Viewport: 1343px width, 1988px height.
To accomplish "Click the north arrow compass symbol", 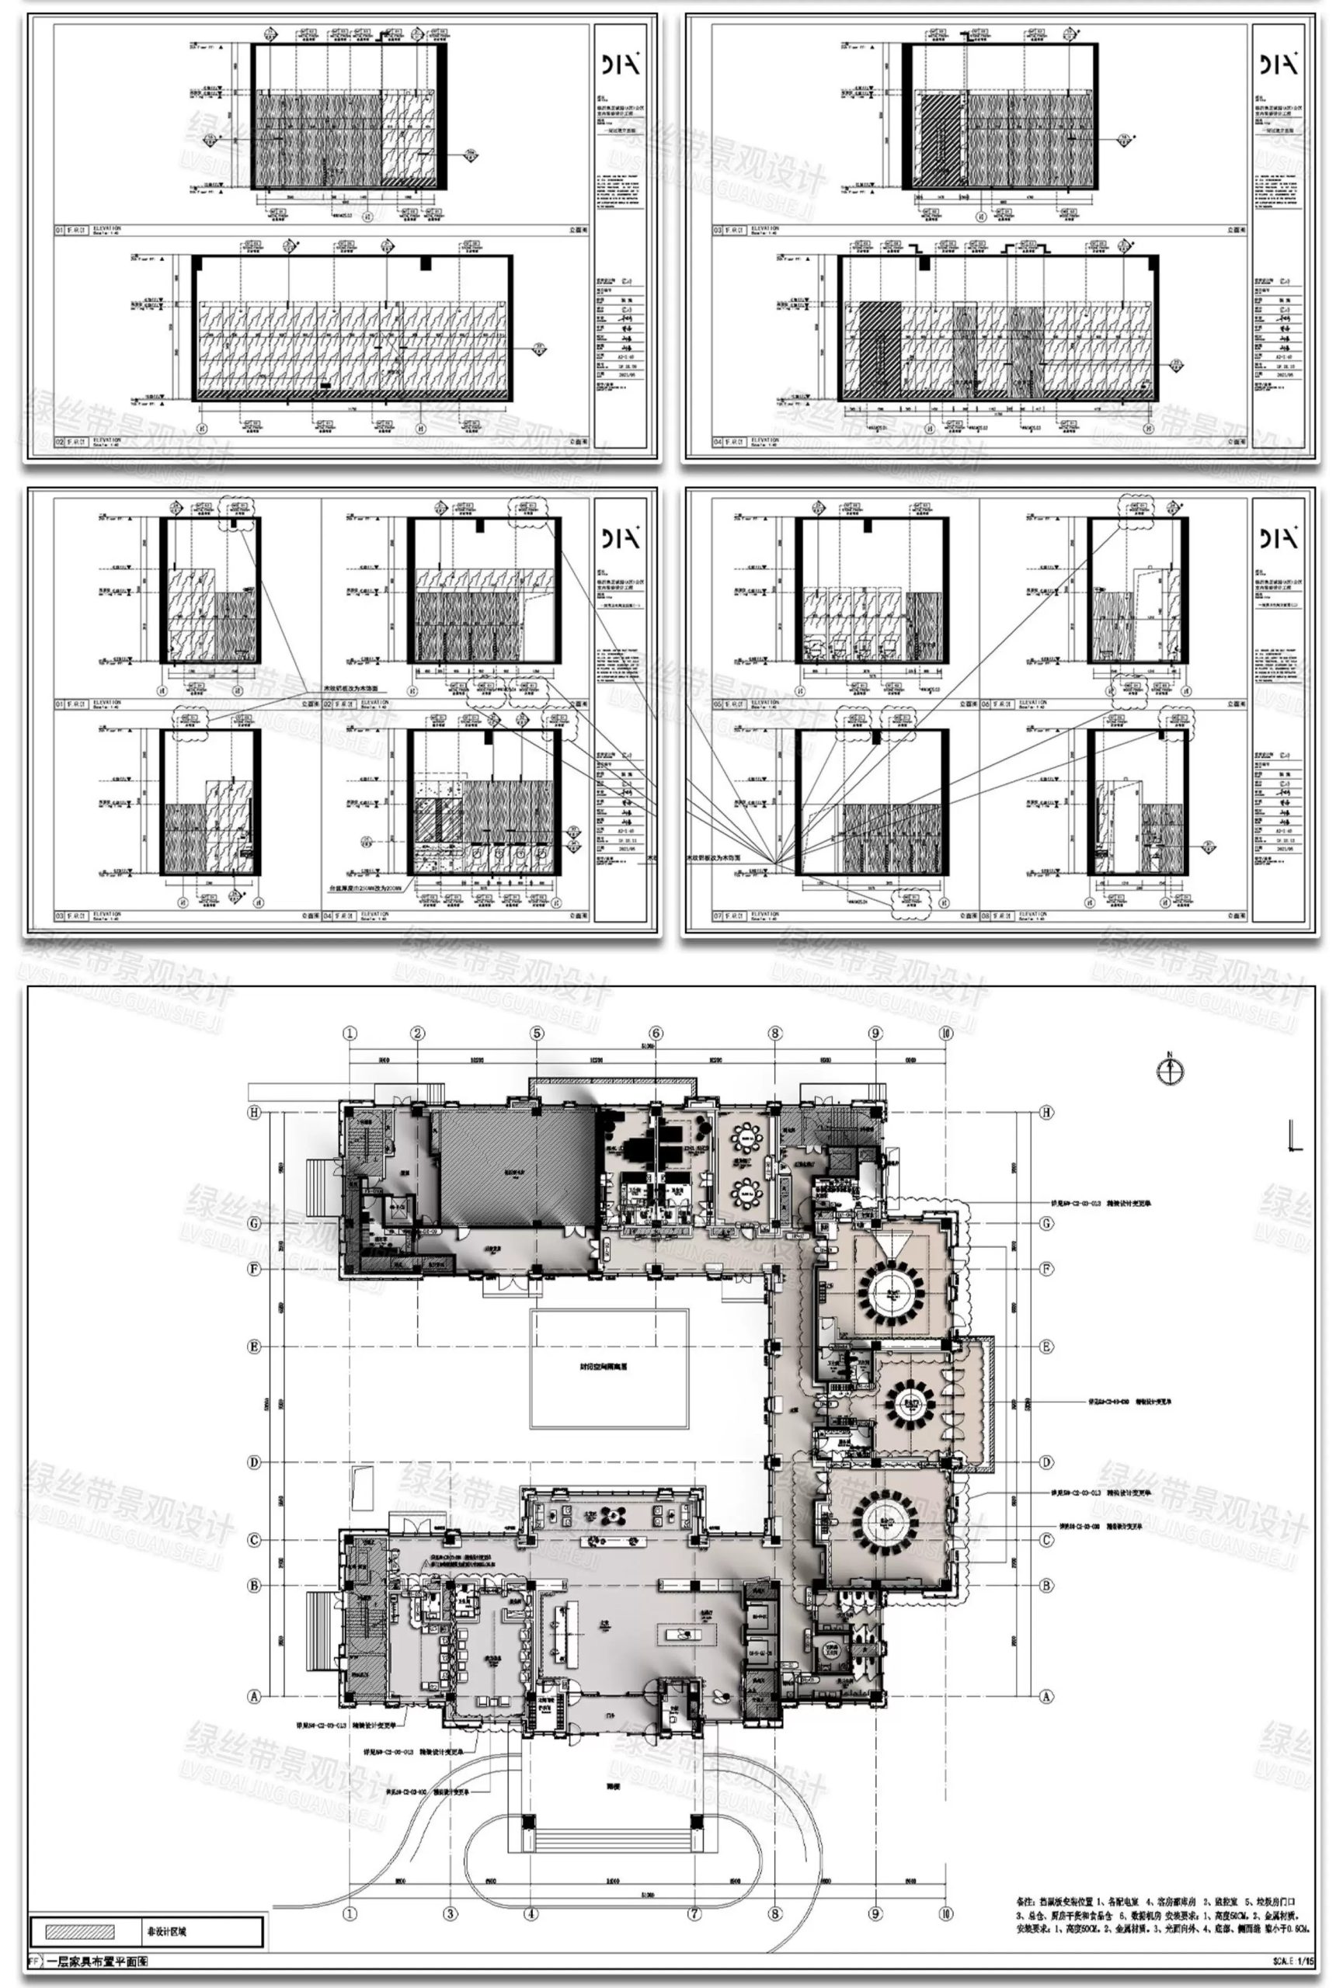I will [1168, 1070].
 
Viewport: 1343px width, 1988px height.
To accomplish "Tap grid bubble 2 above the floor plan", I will [417, 1034].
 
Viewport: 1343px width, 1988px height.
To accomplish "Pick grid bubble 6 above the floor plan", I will [656, 1034].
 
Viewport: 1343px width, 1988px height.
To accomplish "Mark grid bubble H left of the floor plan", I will [254, 1112].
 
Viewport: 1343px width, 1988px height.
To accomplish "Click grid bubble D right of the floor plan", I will [1046, 1462].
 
